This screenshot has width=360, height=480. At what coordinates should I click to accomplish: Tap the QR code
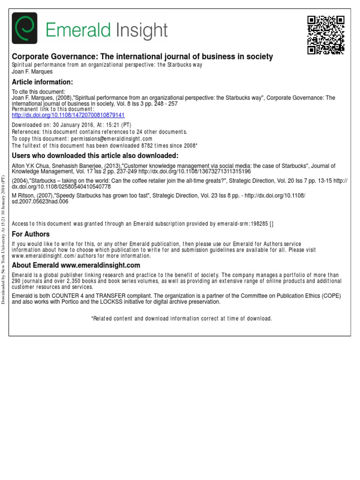pyautogui.click(x=326, y=35)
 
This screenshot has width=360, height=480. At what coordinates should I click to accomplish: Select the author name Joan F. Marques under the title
pyautogui.click(x=31, y=72)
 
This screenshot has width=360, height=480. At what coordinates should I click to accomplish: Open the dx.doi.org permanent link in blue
pyautogui.click(x=68, y=115)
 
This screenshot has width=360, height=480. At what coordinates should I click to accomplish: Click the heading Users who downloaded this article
pyautogui.click(x=95, y=156)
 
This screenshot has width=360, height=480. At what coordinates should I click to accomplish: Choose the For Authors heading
pyautogui.click(x=30, y=234)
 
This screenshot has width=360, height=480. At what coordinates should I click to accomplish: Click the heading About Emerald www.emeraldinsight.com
pyautogui.click(x=76, y=265)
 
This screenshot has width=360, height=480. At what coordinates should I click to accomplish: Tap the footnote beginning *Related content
pyautogui.click(x=181, y=319)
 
